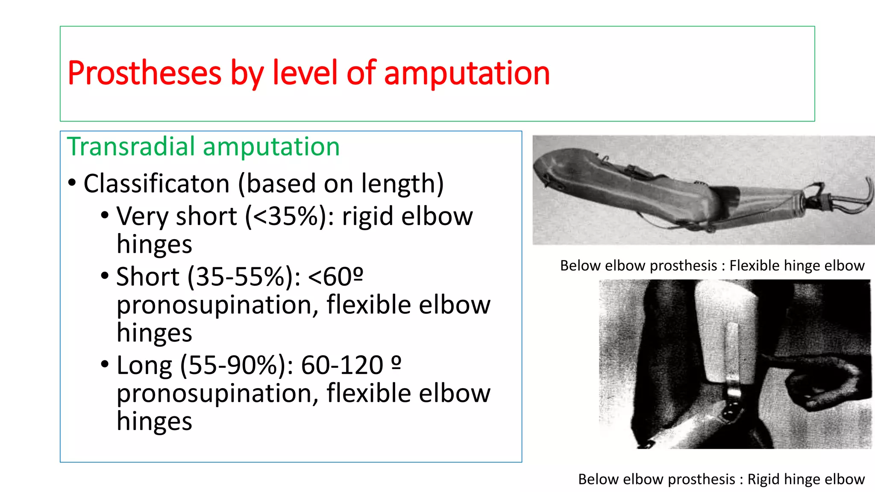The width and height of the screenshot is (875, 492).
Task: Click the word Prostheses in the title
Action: pyautogui.click(x=144, y=73)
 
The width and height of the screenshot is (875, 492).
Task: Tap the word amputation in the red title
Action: pyautogui.click(x=467, y=73)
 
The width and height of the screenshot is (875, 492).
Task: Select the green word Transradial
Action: pyautogui.click(x=131, y=146)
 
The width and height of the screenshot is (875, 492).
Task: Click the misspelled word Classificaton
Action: pyautogui.click(x=156, y=184)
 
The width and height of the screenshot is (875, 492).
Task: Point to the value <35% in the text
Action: pyautogui.click(x=286, y=216)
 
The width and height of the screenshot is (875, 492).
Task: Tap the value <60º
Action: pyautogui.click(x=335, y=277)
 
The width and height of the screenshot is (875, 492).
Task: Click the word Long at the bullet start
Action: pyautogui.click(x=144, y=366)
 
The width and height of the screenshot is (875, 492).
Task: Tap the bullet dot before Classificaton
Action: pyautogui.click(x=72, y=183)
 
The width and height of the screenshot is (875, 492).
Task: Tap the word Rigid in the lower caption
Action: pyautogui.click(x=764, y=479)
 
